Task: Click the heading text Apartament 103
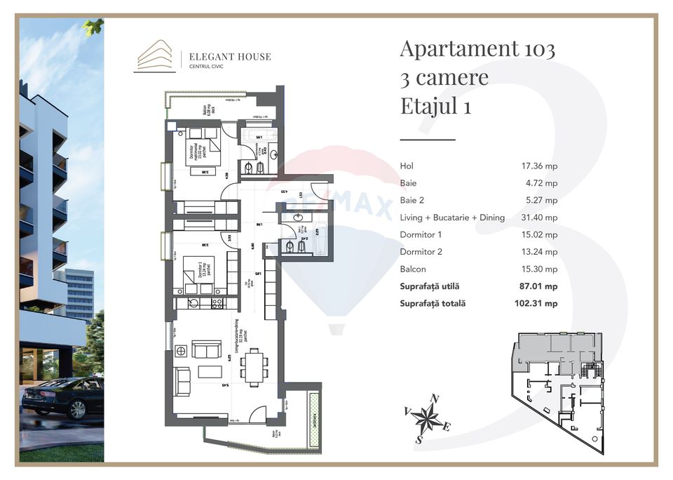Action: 477,49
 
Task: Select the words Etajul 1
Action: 435,106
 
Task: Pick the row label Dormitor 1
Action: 421,235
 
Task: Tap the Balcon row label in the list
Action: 413,269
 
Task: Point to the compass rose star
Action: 426,420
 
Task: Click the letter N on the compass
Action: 435,399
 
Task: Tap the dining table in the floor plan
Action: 254,367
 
